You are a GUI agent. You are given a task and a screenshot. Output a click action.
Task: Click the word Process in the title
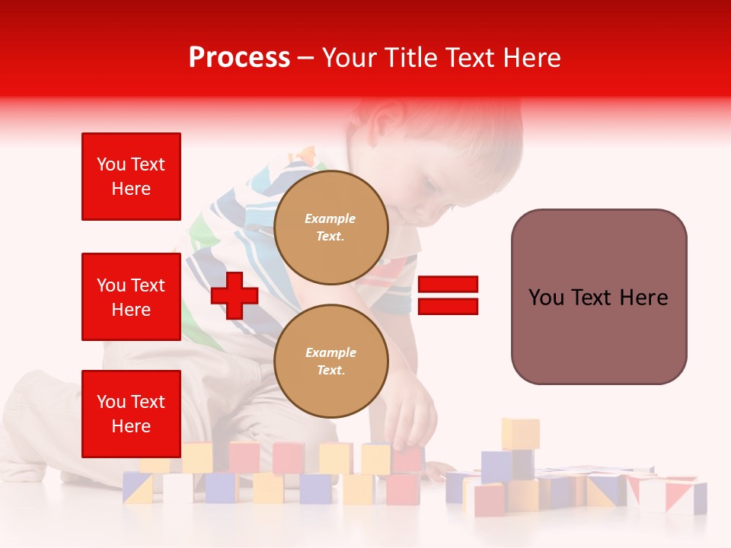239,58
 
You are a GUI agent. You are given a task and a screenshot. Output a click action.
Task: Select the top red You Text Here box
131,177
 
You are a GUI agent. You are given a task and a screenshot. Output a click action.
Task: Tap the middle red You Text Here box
131,297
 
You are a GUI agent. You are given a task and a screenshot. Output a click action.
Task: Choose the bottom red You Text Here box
131,414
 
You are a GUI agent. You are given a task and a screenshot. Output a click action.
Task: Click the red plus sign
235,296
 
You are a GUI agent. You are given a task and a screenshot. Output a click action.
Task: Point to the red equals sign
448,296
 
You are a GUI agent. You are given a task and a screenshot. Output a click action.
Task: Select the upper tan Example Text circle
330,228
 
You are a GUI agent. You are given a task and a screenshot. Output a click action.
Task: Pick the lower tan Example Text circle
330,362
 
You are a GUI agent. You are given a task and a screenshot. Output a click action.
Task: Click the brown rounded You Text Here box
599,297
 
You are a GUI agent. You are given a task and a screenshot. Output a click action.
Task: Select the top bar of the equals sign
448,285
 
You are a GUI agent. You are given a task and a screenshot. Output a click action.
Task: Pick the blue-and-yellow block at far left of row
138,488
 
